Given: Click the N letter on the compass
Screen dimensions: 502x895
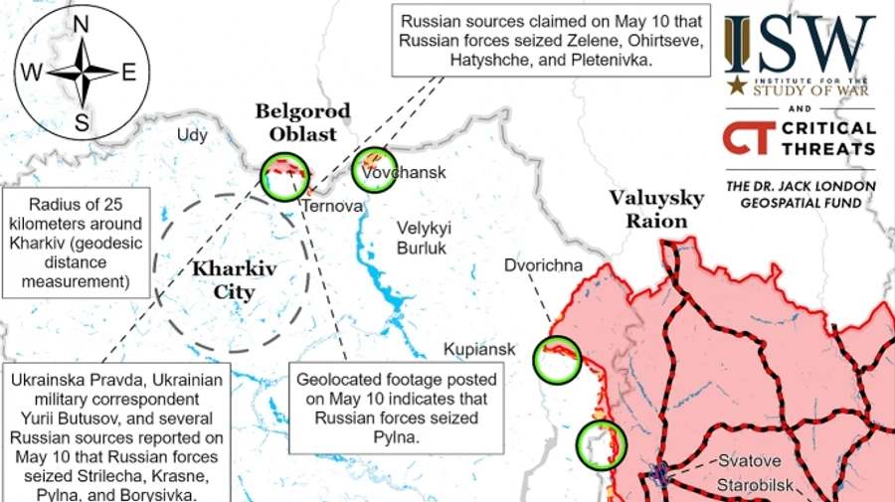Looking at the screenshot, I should coord(82,24).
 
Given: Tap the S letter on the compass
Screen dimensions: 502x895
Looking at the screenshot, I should coord(82,123).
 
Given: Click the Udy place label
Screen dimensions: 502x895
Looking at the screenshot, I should coord(192,135).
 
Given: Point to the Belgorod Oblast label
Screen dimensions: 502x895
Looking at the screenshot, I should coord(295,121).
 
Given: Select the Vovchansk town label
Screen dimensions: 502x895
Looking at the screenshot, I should coord(404,172).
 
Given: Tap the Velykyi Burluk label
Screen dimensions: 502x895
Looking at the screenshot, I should coord(424,237).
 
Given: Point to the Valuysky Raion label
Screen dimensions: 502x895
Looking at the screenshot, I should coord(656,209).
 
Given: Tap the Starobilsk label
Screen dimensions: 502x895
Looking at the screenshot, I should coord(762,487).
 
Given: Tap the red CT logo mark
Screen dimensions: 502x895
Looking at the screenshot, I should coord(746,138).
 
